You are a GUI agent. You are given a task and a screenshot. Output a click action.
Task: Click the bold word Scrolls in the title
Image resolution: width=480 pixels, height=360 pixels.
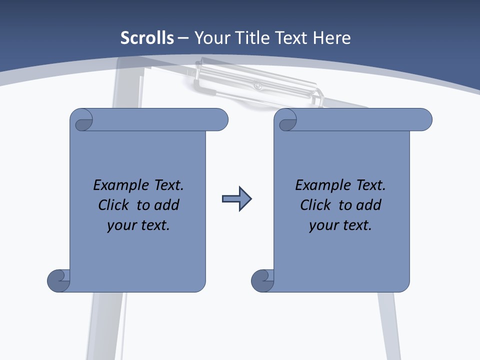tap(147, 38)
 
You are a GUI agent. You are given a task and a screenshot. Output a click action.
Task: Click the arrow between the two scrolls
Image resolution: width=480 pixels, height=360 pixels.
tap(236, 199)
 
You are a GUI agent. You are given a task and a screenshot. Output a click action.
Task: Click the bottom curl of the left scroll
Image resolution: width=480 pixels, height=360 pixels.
tap(58, 280)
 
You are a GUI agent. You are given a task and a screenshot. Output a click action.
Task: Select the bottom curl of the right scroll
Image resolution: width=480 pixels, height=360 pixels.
tap(262, 280)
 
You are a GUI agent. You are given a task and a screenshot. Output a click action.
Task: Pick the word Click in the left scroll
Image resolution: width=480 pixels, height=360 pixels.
tap(115, 205)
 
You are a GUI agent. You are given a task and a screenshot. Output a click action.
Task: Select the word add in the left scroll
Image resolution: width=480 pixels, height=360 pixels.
tap(167, 205)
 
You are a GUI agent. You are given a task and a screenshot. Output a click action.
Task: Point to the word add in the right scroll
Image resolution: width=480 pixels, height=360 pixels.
tap(369, 205)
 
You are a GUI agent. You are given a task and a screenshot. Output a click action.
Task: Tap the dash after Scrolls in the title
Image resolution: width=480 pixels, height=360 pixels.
tap(183, 38)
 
